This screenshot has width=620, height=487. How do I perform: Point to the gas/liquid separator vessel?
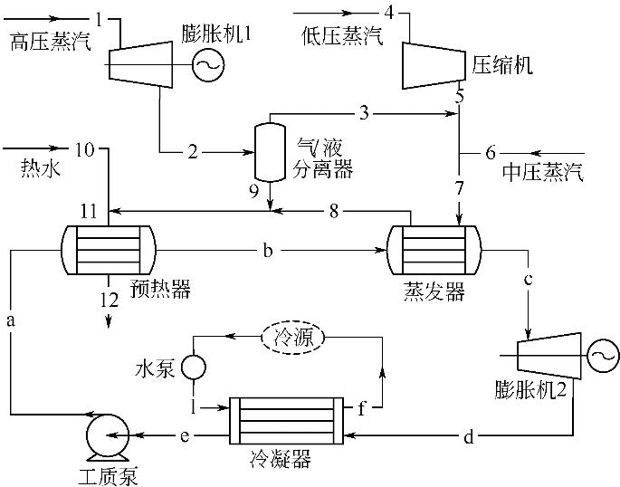268,150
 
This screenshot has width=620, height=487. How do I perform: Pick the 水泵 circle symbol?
194,367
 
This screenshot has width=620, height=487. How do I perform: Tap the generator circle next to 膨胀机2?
597,357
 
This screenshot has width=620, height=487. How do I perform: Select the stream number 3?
364,113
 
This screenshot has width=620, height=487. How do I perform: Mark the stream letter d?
468,438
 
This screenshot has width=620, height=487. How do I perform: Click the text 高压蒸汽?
51,40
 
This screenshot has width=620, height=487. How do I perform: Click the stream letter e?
185,438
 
